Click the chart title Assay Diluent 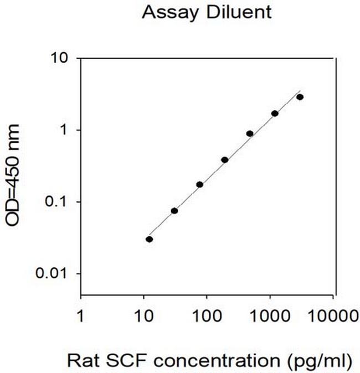pyautogui.click(x=207, y=12)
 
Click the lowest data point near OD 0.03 pyautogui.click(x=150, y=239)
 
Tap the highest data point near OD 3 pyautogui.click(x=300, y=97)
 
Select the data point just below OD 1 pyautogui.click(x=250, y=133)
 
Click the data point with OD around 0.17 pyautogui.click(x=199, y=184)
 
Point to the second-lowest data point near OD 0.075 pyautogui.click(x=174, y=211)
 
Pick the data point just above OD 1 pyautogui.click(x=275, y=113)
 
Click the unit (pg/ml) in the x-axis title pyautogui.click(x=320, y=360)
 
